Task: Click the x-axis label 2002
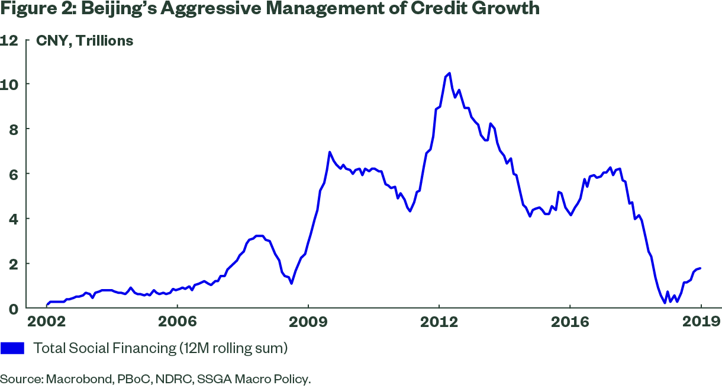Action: point(47,322)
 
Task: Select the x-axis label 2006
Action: point(177,322)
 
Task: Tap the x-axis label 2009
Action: point(308,322)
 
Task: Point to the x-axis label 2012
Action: point(439,322)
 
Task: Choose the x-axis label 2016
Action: point(569,322)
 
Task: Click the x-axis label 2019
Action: point(701,322)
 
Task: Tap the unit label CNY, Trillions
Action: point(85,41)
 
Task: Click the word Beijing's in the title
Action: point(118,10)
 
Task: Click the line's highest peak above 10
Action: point(450,73)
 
